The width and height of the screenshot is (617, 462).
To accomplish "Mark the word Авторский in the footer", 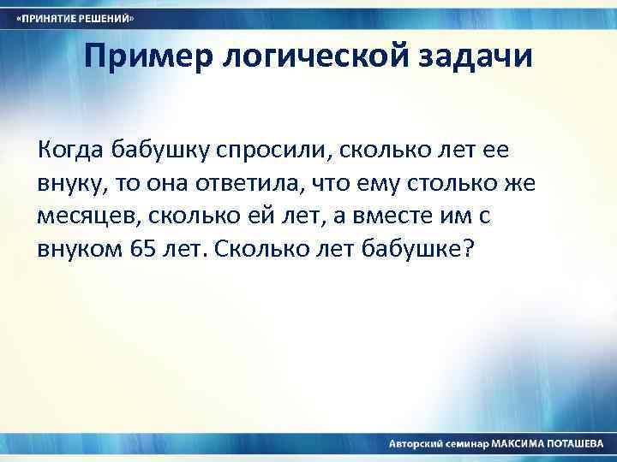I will pos(416,445).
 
